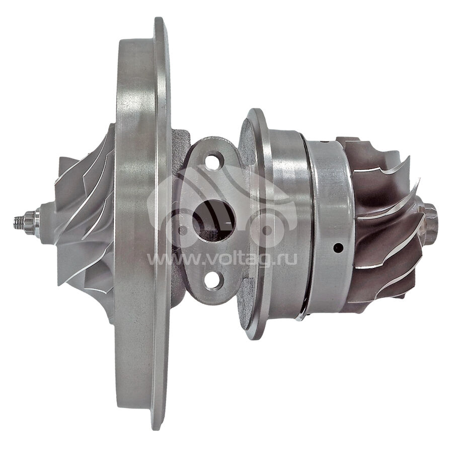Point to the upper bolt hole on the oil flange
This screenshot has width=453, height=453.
click(x=214, y=161)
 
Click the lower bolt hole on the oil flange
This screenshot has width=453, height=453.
click(x=214, y=280)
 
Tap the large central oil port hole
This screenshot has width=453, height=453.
click(x=214, y=221)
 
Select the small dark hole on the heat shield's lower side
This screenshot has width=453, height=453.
click(x=338, y=248)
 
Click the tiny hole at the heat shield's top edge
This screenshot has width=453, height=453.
click(x=326, y=142)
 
